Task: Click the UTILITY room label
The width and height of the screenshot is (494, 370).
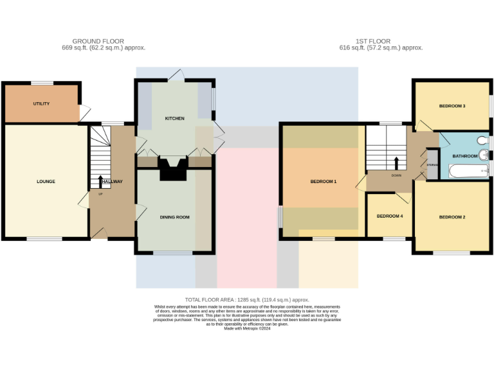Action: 41,103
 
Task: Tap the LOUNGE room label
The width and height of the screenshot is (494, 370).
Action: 46,181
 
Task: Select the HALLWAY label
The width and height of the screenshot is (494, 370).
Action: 111,181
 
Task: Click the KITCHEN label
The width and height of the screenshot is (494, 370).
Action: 174,118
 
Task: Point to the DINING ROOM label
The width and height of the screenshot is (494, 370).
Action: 174,217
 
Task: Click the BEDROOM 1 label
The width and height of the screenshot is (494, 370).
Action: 324,181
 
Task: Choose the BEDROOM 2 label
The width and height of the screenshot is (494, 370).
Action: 452,217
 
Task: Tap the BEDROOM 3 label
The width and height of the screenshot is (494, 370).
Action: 452,105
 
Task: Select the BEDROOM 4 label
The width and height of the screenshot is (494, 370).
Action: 389,216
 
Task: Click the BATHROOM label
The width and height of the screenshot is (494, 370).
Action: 464,156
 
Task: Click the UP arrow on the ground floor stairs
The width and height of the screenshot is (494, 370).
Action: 100,181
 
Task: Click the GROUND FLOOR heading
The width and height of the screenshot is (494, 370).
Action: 98,41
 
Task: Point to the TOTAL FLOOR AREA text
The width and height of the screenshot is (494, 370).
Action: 247,300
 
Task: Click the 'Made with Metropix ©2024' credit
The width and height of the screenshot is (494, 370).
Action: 247,328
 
